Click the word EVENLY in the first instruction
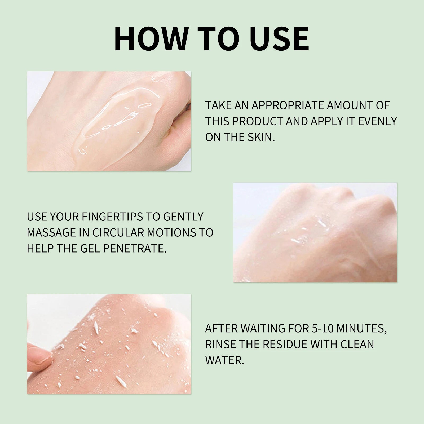pyautogui.click(x=378, y=121)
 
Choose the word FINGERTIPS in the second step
pyautogui.click(x=112, y=217)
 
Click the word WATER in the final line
pyautogui.click(x=224, y=360)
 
